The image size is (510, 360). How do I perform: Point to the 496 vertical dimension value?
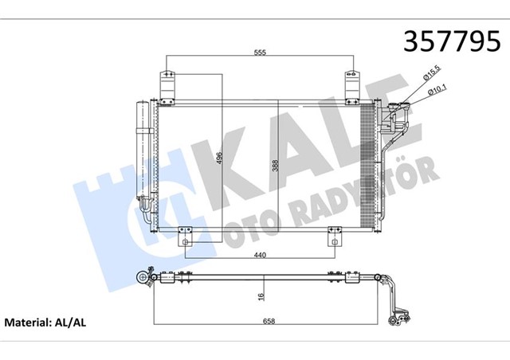[217, 159]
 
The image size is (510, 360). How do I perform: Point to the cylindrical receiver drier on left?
[144, 151]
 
